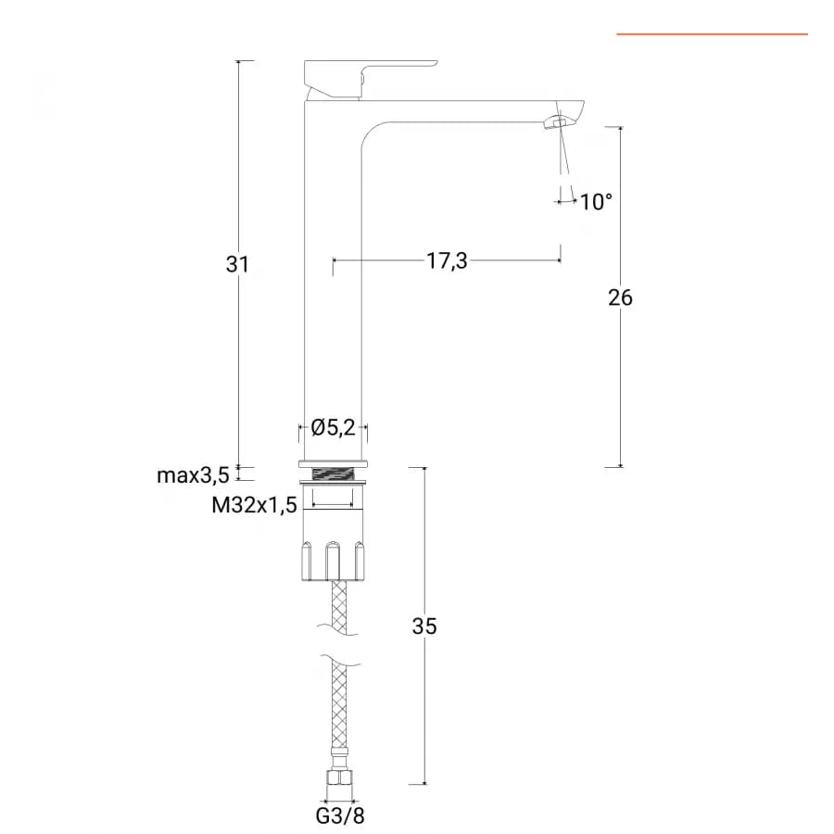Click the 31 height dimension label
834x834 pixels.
(237, 264)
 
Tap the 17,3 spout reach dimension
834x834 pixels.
(447, 261)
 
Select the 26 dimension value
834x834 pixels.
(620, 297)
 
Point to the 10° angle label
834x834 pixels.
(596, 202)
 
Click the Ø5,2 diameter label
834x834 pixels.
(333, 427)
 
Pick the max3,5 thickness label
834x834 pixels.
(193, 475)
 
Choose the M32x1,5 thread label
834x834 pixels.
(254, 505)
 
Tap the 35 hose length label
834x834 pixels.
(424, 626)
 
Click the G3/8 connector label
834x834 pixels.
(340, 815)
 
